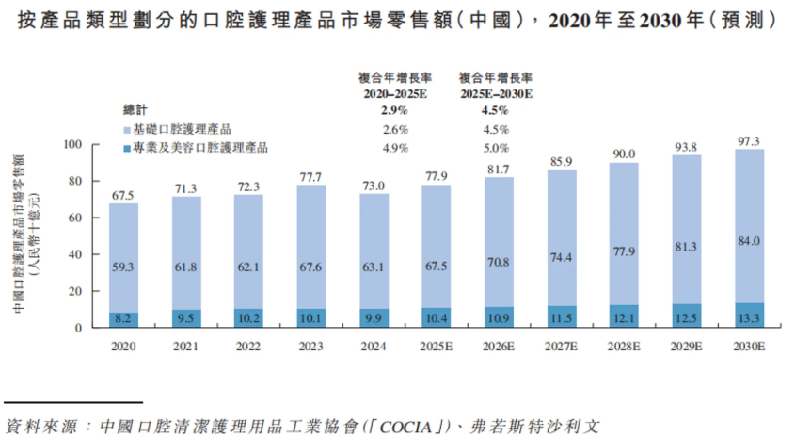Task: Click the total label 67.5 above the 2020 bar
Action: pos(123,195)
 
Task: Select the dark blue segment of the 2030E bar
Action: pos(750,316)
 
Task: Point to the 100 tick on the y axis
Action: pos(73,144)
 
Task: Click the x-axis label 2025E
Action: pos(437,347)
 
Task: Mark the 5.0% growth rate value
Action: pos(495,148)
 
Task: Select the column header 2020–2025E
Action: pos(394,94)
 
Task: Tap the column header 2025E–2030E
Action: pos(495,94)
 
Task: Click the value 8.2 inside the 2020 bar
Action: pos(123,320)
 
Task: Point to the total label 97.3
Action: pos(750,141)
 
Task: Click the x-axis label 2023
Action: pos(311,347)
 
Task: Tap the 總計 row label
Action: pos(136,111)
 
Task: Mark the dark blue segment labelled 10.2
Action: pos(248,318)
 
